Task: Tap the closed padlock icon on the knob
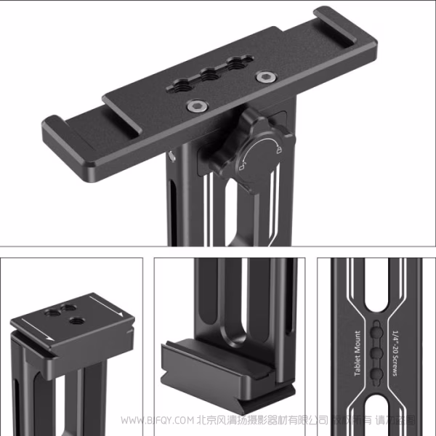[x=279, y=150]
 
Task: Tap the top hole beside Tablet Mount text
[x=377, y=332]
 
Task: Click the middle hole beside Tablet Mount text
[x=377, y=352]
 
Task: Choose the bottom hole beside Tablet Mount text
[x=377, y=374]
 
